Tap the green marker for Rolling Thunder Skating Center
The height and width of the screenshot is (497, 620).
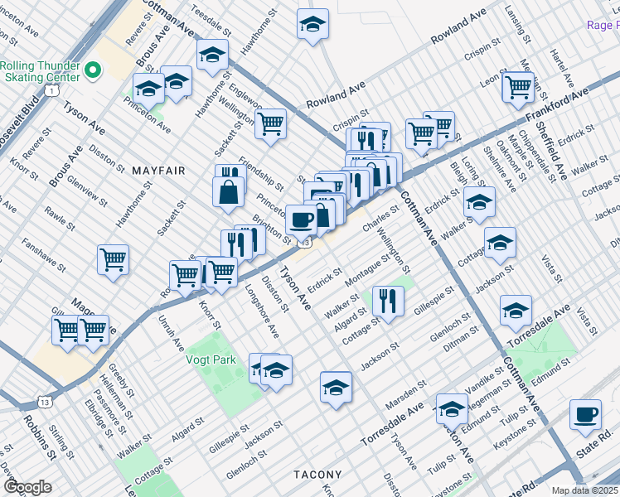tap(93, 71)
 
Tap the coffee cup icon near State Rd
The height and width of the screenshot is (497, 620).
tap(585, 415)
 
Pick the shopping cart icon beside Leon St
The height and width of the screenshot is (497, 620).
tap(518, 85)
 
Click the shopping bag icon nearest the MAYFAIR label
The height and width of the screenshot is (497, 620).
tap(228, 193)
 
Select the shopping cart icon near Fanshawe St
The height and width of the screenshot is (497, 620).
tap(113, 259)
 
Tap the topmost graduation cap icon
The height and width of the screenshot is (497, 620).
tap(312, 24)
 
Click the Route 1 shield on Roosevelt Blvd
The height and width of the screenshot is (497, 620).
tap(52, 89)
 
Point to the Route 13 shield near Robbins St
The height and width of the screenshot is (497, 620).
tap(45, 403)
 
